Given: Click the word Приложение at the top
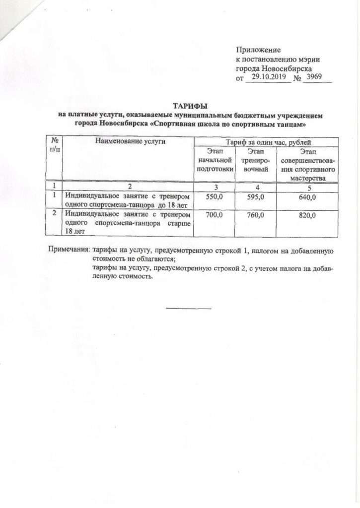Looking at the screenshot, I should click(258, 50).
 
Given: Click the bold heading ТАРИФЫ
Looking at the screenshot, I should click(191, 106).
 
